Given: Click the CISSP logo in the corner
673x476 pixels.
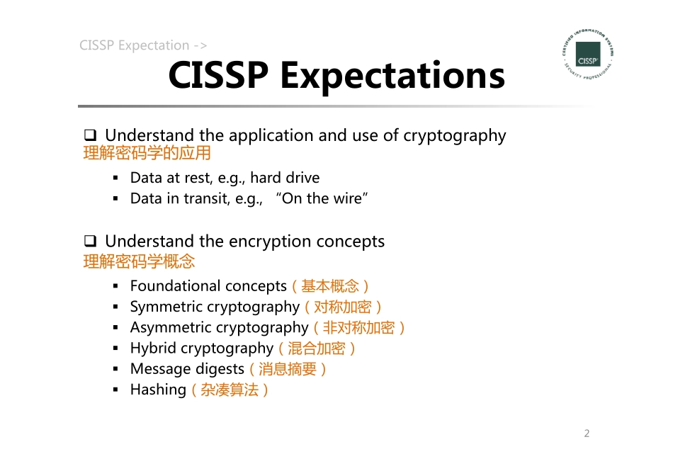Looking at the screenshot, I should (x=587, y=55).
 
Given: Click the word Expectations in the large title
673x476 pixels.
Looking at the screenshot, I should (x=392, y=75).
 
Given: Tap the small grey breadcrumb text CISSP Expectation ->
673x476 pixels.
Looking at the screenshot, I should (x=143, y=46).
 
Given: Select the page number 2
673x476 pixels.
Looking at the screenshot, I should (x=587, y=433).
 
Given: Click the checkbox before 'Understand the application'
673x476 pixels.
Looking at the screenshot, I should (x=90, y=135).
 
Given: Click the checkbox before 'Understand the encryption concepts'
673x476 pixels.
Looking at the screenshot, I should (x=90, y=242).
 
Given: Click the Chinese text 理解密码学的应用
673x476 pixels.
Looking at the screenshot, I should (x=147, y=154).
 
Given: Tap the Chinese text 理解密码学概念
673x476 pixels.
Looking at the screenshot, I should (x=139, y=261).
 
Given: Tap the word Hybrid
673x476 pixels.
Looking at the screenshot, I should (x=153, y=348).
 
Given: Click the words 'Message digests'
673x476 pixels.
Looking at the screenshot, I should (x=187, y=369).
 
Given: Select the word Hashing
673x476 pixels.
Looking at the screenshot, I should (x=158, y=390).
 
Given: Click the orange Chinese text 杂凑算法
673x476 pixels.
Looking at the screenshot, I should (x=230, y=390).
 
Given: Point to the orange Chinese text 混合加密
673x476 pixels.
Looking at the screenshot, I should (x=317, y=348).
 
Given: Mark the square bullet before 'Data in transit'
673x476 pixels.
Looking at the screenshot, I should (x=115, y=199).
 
